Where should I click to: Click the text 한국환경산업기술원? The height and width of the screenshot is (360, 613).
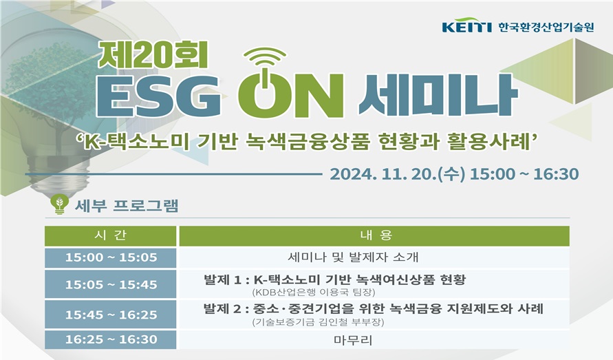pos(546,27)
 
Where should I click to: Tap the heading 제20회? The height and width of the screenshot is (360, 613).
pos(153,55)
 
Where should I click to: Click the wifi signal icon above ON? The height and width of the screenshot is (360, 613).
pos(268,58)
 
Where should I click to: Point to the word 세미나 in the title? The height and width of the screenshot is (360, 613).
pos(438,95)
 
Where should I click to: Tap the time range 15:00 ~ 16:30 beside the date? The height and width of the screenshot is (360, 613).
pos(524,174)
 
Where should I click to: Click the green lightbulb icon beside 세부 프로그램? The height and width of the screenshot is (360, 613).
pos(60,204)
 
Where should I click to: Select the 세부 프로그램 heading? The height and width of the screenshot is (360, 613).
pos(127,205)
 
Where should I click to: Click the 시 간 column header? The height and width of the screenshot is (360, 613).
pos(111,235)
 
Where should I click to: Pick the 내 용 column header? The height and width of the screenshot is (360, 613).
pos(374,235)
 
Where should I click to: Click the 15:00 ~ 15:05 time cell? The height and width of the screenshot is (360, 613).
pos(111,257)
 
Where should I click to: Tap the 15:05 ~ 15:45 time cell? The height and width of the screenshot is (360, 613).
pos(111,284)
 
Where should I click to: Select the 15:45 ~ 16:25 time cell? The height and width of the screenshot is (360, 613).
pos(111,314)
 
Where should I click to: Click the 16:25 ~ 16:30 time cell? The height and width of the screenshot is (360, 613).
pos(111,339)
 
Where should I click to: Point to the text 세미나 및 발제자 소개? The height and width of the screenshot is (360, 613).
pos(353,257)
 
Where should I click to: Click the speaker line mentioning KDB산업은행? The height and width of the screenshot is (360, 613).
pos(314,293)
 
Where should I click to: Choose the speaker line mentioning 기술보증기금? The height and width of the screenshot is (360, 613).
pos(319,322)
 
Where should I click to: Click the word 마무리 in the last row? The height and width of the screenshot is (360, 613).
pos(353,339)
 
